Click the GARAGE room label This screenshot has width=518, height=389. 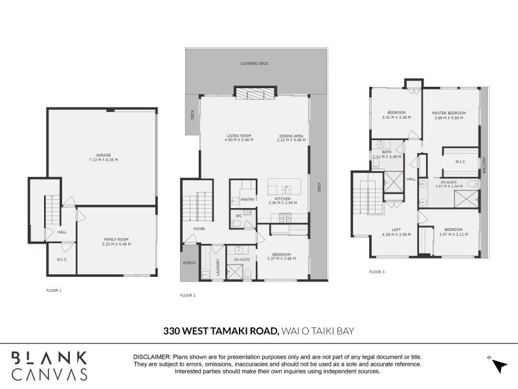click(103, 155)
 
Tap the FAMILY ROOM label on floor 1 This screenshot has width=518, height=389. click(117, 241)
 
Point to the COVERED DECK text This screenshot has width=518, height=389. click(254, 64)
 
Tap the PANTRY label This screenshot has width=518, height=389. click(247, 200)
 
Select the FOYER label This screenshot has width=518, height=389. click(199, 229)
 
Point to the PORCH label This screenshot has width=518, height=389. click(189, 263)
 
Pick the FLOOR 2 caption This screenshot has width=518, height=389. click(188, 295)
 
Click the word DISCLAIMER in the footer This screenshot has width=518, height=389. click(152, 357)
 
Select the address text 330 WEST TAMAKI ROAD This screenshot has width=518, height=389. click(221, 331)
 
